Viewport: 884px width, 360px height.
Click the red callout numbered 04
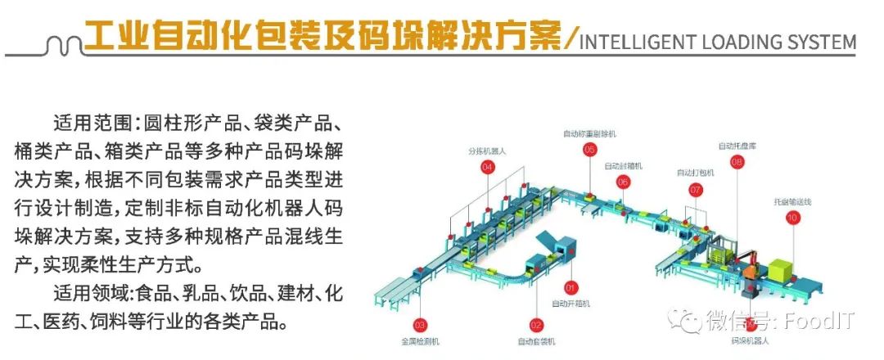coord(488,167)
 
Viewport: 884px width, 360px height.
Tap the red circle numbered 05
coord(589,149)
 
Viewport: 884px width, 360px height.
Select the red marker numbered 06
coord(624,182)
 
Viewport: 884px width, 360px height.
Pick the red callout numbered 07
coord(696,189)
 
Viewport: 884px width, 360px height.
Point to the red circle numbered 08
coord(737,162)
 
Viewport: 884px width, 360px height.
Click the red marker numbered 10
coord(792,217)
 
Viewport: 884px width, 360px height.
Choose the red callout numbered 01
coord(571,287)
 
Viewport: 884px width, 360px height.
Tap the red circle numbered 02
coord(536,324)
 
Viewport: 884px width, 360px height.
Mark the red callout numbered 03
coord(421,324)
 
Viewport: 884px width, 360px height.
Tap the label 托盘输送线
coord(792,201)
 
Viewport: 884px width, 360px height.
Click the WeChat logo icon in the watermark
coord(686,319)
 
